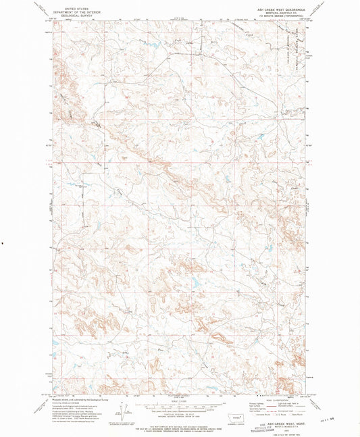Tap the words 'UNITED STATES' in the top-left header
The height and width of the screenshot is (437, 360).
pyautogui.click(x=76, y=7)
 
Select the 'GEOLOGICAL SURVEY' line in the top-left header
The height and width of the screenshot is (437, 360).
pyautogui.click(x=76, y=15)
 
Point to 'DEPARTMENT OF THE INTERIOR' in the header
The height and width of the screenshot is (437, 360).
pyautogui.click(x=76, y=11)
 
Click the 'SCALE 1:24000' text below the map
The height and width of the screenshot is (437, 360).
pyautogui.click(x=179, y=401)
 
